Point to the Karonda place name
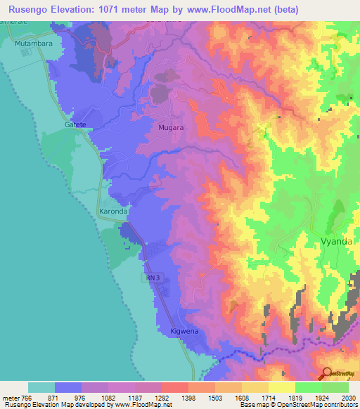point(112,212)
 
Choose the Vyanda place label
point(337,240)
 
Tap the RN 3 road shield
point(154,278)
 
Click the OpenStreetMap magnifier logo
point(327,373)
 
